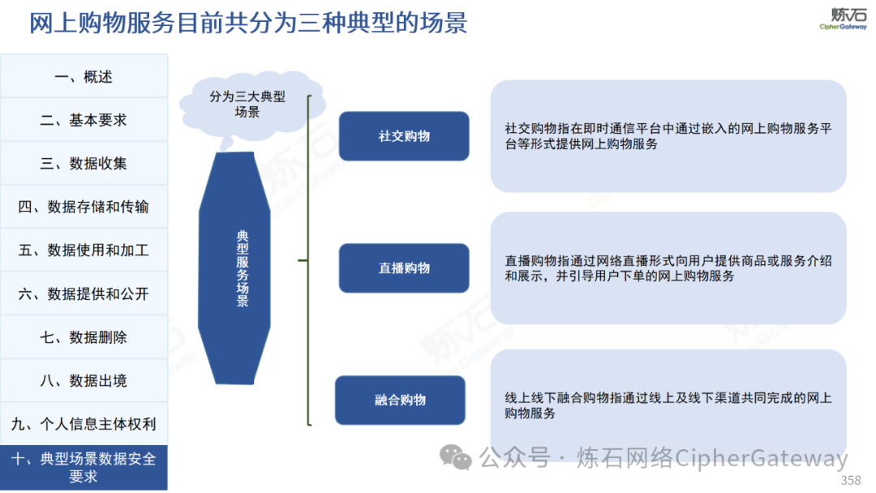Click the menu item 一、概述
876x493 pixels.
coord(84,76)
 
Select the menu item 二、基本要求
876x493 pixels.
coord(84,119)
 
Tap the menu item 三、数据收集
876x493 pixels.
coord(84,163)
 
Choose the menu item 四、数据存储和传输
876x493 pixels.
coord(84,207)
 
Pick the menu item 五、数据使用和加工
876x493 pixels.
coord(84,250)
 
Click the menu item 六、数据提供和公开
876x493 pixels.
coord(84,294)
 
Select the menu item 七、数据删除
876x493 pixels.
coord(84,337)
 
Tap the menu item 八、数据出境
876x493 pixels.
coord(84,381)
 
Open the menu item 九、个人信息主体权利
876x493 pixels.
coord(84,424)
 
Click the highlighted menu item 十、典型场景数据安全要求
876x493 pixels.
coord(84,468)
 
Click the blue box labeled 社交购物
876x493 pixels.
coord(404,136)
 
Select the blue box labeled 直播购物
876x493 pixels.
coord(404,268)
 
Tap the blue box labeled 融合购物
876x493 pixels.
coord(400,401)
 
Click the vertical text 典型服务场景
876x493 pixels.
coord(243,268)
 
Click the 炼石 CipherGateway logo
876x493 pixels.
coord(844,19)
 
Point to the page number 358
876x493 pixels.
coord(851,480)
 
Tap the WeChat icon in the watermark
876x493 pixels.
coord(455,457)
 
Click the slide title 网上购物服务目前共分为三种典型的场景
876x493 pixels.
coord(248,23)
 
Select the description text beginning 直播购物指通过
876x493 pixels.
coord(668,268)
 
